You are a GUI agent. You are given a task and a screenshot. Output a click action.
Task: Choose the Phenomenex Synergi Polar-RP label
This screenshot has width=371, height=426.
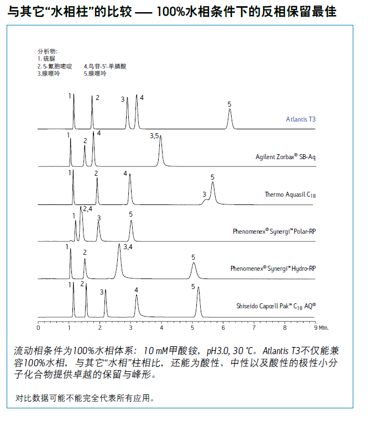click(274, 231)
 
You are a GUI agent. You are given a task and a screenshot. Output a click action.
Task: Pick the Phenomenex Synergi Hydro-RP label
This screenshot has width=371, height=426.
click(273, 268)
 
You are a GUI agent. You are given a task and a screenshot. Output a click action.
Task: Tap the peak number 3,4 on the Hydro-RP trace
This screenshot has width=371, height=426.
click(128, 247)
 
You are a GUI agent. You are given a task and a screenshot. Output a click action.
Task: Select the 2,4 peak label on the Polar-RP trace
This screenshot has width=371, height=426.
click(87, 209)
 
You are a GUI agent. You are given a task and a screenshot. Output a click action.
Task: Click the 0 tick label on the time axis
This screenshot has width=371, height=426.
click(38, 328)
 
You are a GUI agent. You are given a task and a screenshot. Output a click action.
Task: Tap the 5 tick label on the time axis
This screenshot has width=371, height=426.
click(192, 328)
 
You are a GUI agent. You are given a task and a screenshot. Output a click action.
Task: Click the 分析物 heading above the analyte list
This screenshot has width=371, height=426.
click(47, 51)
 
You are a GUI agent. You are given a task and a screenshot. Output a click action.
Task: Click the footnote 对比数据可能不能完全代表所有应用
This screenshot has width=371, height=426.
click(84, 397)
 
